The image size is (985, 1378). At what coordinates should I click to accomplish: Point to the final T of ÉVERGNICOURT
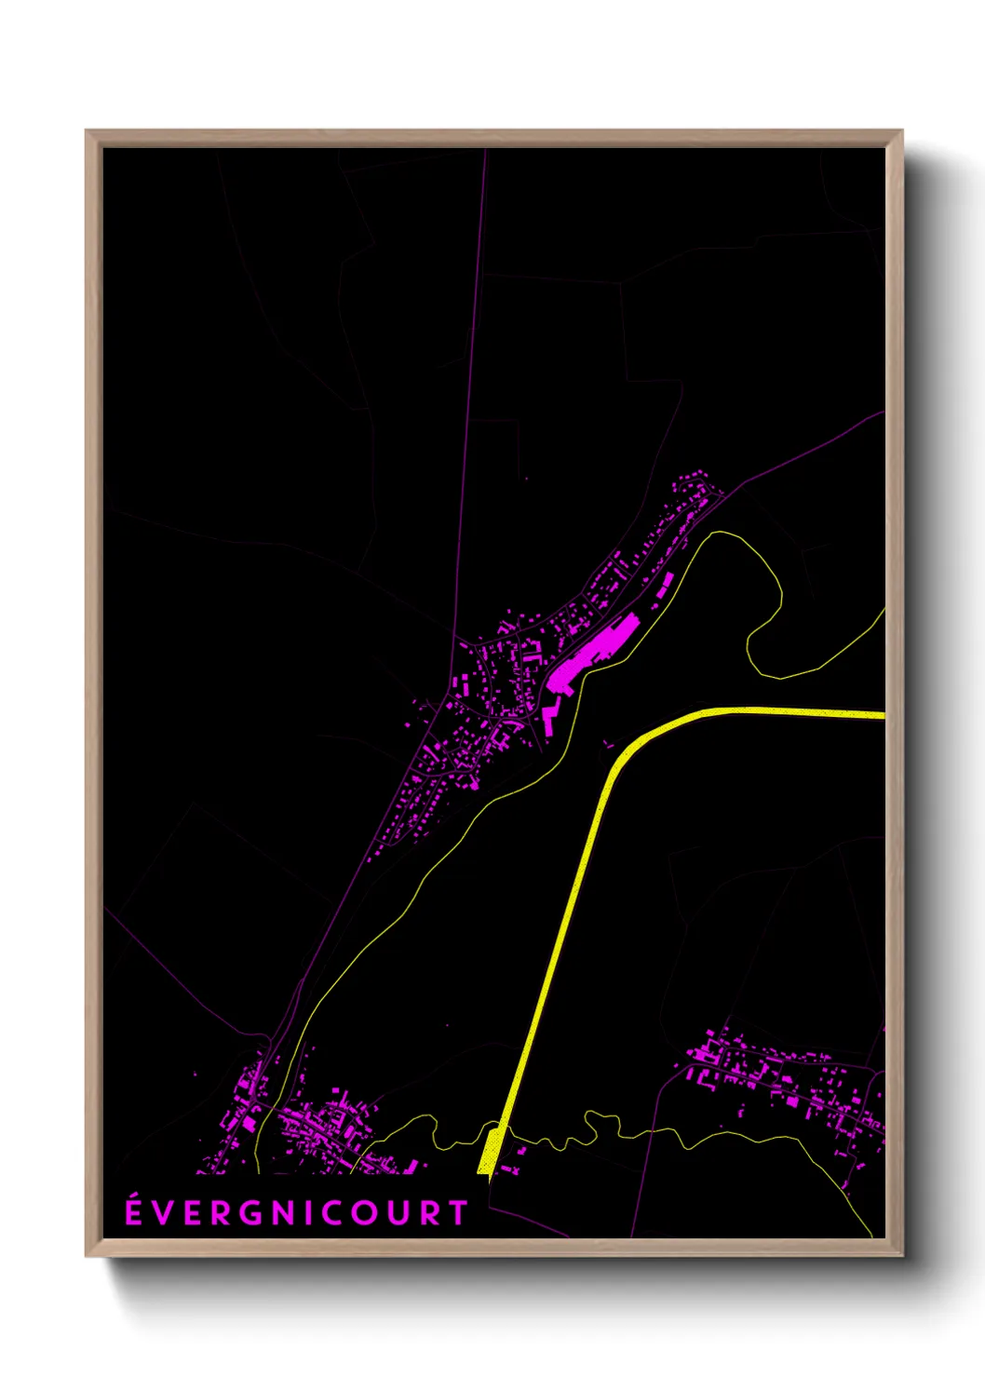click(458, 1213)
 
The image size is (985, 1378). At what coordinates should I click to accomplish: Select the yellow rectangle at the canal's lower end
click(488, 1151)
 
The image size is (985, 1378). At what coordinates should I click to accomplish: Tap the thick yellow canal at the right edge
click(870, 715)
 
